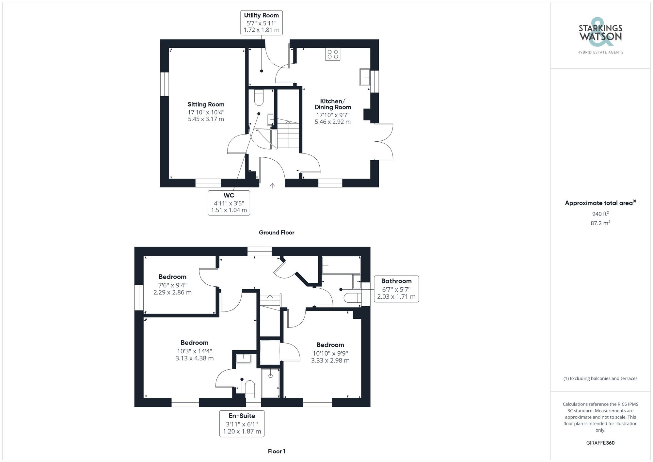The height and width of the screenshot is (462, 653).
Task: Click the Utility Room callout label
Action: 261,23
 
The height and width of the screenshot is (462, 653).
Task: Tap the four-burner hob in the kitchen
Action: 332,54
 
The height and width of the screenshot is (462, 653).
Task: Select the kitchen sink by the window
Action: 365,77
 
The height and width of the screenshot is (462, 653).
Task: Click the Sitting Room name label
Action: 206,104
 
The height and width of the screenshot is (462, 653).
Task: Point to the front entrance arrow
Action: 272,186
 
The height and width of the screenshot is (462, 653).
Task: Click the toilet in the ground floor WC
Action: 259,98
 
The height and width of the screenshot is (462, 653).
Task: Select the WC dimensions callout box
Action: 229,203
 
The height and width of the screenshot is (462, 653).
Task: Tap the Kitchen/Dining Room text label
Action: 332,104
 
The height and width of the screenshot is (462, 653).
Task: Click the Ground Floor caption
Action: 276,232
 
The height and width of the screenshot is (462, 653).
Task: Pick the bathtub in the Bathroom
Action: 341,265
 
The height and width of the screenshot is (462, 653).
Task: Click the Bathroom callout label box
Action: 396,289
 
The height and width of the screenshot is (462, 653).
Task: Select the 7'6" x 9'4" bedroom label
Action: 172,284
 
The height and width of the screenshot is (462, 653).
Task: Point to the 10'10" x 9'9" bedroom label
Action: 330,353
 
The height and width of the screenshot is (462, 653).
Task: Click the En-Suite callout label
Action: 242,424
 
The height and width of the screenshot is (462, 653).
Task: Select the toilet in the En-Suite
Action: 250,388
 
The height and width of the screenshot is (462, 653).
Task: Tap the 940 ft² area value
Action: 600,214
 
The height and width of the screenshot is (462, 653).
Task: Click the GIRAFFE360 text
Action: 600,443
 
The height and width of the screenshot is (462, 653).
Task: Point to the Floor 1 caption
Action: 277,451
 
